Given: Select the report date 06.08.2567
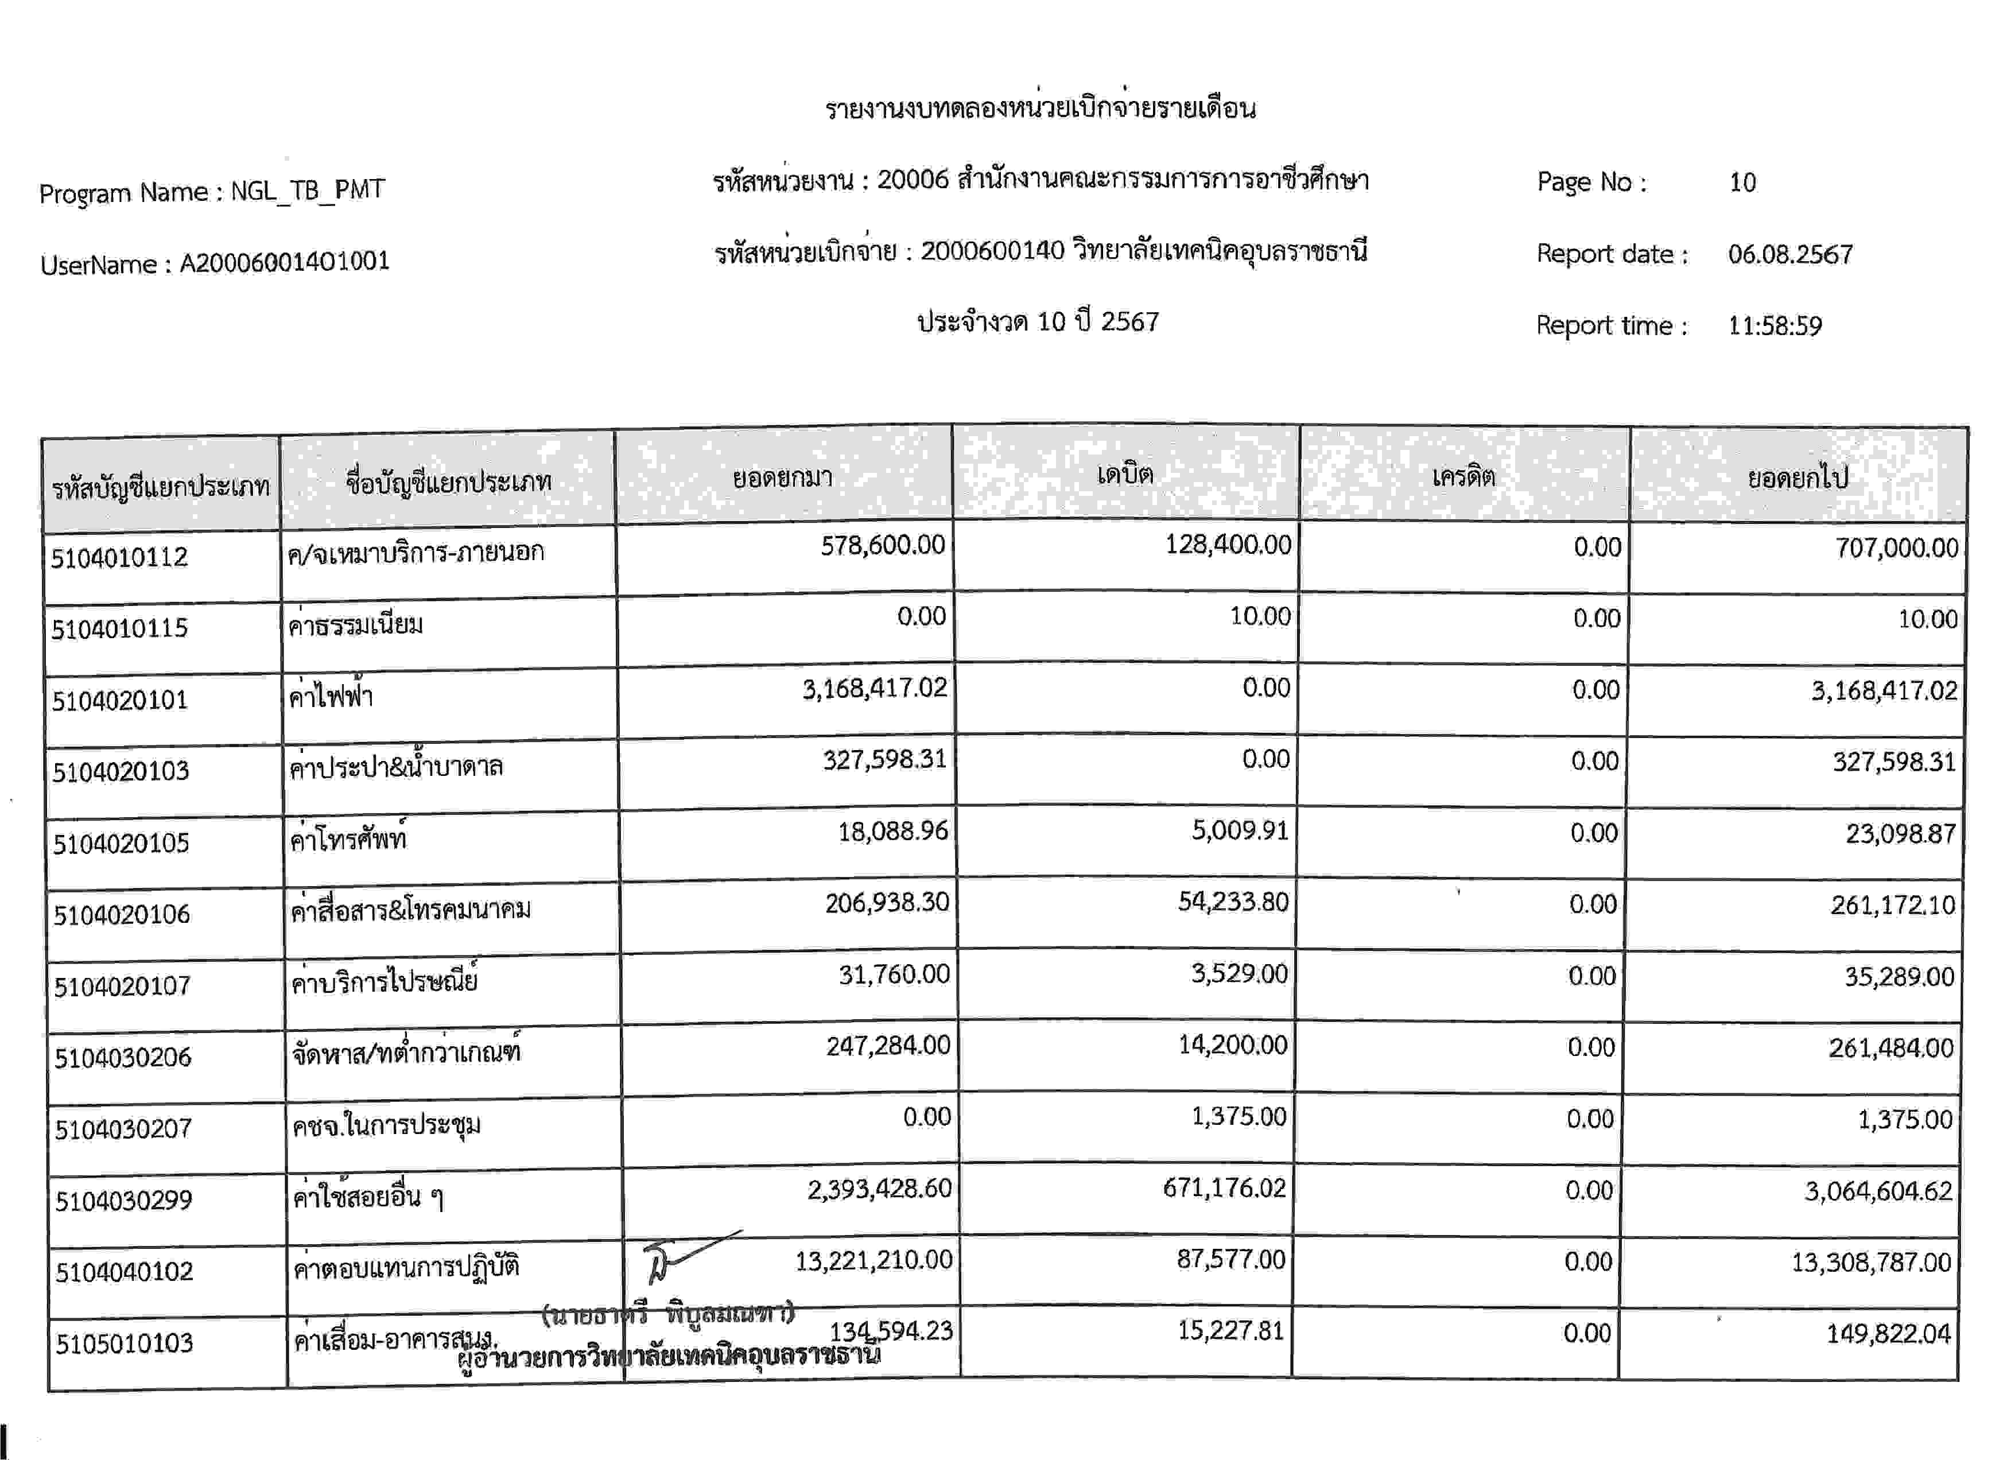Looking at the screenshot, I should (x=1789, y=254).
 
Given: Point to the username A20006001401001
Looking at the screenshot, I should (x=284, y=262).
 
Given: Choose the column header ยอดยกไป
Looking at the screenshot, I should (x=1798, y=479).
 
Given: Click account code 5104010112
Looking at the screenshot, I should (x=120, y=558).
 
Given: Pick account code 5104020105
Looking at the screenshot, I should (x=122, y=843).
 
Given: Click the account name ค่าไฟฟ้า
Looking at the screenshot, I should (x=331, y=697).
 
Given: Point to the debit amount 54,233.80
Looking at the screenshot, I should (x=1233, y=902).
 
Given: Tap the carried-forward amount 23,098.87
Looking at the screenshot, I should (x=1900, y=834).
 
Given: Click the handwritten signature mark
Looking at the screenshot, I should (x=683, y=1257).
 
